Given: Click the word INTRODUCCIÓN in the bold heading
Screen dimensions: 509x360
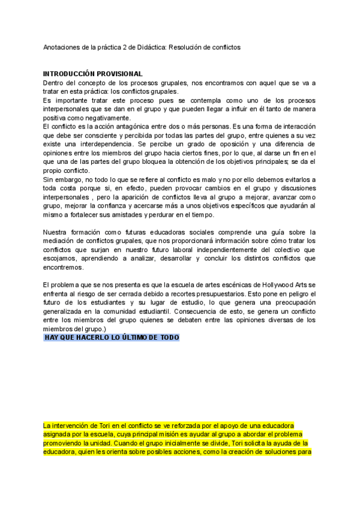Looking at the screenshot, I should tap(71, 74).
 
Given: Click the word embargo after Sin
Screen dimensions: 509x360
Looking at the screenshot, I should tap(68, 180).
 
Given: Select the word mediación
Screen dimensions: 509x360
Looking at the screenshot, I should tap(61, 241).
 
